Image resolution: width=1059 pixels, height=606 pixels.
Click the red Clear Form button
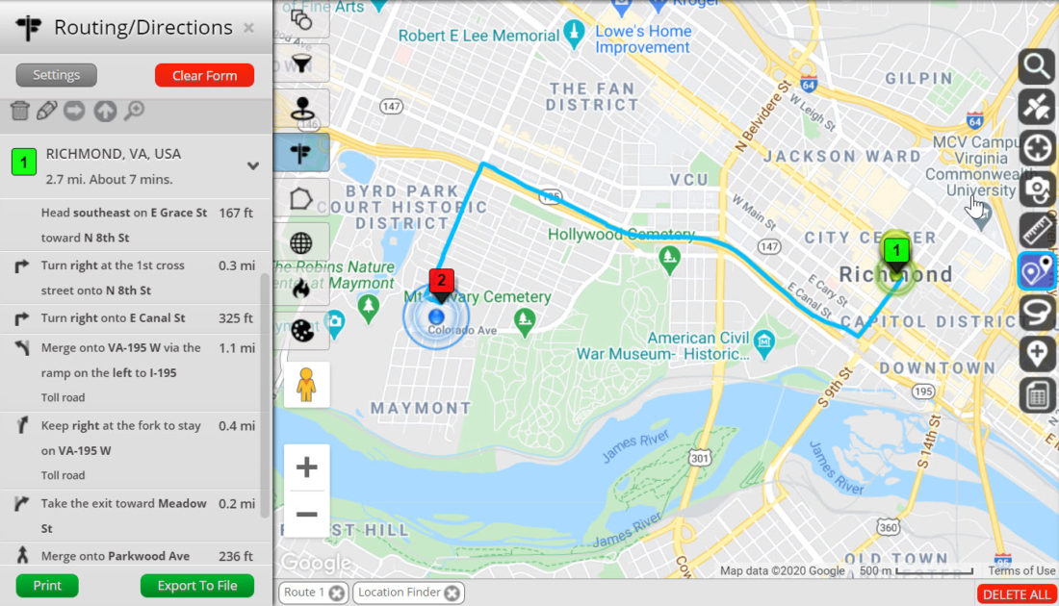(x=204, y=76)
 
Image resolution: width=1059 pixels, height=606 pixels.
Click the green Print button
(x=47, y=585)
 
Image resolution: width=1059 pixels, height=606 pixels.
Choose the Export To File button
(x=197, y=585)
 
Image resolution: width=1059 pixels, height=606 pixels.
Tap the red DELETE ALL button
(x=1017, y=594)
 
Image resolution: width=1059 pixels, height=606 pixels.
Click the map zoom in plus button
(x=306, y=468)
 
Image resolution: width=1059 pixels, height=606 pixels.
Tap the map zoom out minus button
(x=306, y=515)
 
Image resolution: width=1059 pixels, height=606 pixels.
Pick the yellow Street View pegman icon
(x=306, y=385)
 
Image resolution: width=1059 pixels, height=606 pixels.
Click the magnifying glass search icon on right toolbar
(x=1037, y=66)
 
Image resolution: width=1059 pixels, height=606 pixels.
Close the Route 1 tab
(x=336, y=593)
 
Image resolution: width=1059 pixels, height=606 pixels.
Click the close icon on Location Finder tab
(x=452, y=593)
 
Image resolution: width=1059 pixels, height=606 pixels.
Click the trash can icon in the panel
(x=19, y=111)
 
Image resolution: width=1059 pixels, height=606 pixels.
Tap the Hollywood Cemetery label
(x=621, y=235)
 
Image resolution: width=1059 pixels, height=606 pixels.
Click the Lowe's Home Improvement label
(x=643, y=39)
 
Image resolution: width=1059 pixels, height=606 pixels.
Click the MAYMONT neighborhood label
(x=421, y=408)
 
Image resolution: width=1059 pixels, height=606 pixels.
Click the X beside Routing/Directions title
(x=249, y=28)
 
